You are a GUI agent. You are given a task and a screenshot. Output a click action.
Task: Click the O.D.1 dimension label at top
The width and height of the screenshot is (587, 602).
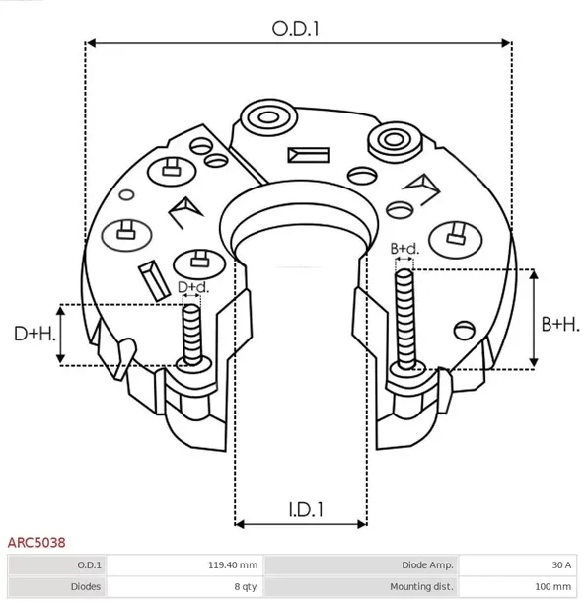point(297,29)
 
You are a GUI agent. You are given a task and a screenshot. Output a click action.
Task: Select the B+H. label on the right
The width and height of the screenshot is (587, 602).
point(560,324)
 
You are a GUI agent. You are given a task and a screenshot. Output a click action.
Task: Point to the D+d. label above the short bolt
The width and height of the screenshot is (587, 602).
point(193,287)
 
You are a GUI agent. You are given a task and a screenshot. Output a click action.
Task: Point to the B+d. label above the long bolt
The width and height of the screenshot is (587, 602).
point(404,248)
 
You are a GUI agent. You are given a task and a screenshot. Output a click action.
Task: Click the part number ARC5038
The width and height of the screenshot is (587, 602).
point(37,542)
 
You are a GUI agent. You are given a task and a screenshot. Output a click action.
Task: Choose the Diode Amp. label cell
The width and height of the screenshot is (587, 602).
point(428,565)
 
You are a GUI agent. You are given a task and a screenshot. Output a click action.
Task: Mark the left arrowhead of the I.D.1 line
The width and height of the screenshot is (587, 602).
point(242,524)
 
